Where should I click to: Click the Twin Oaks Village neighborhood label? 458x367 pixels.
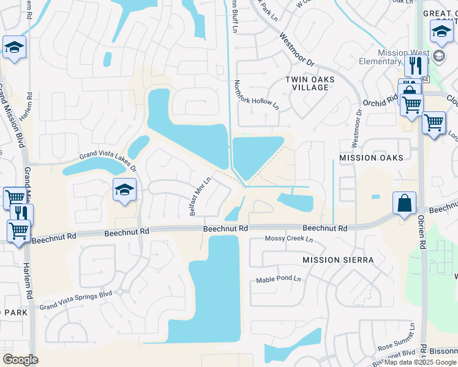coord(307,83)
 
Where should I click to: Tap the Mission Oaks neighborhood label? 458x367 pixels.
coord(371,158)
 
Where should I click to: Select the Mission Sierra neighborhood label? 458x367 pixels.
coord(338,260)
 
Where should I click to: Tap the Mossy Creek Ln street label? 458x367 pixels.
coord(288,239)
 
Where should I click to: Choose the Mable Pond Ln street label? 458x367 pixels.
coord(279,279)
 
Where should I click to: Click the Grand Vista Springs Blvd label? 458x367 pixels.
coord(76,298)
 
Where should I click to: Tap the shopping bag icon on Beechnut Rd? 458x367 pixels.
coord(405,203)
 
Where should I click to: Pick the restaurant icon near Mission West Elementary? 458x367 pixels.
coord(416,65)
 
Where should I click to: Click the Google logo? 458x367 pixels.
coord(20,360)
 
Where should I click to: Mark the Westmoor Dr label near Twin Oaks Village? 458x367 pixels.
coord(297,50)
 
